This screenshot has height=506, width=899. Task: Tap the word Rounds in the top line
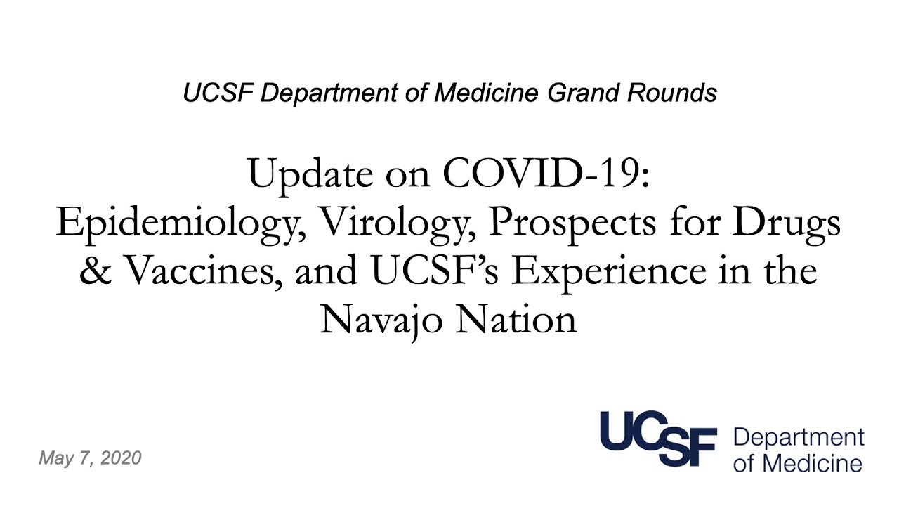pyautogui.click(x=672, y=93)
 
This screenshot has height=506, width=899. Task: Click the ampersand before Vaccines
pyautogui.click(x=96, y=271)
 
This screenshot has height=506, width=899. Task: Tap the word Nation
pyautogui.click(x=516, y=319)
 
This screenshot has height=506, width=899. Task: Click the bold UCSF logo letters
pyautogui.click(x=659, y=439)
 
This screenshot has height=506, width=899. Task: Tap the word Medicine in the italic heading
pyautogui.click(x=487, y=93)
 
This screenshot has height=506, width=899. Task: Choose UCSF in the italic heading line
pyautogui.click(x=218, y=93)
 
